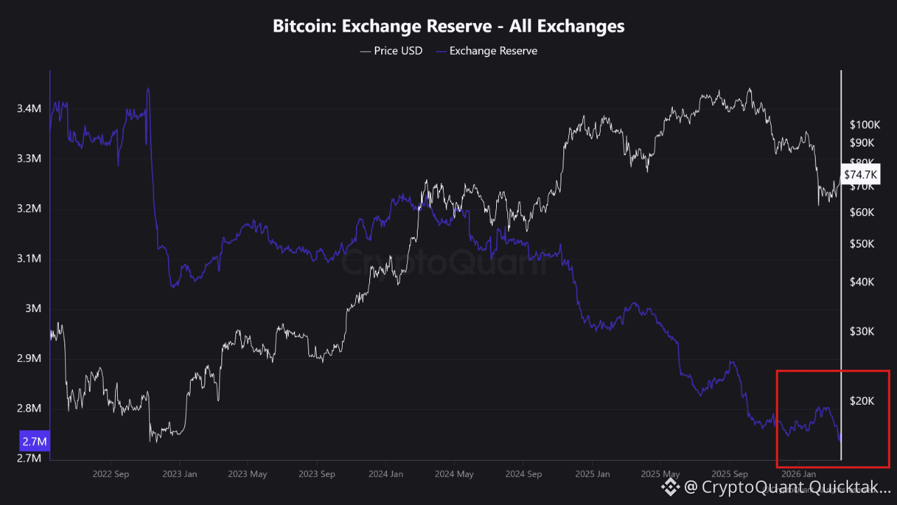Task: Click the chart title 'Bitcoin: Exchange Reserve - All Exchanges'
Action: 448,27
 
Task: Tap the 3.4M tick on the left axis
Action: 29,109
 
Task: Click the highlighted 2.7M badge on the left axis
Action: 34,442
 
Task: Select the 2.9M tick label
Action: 29,358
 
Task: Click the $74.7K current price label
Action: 861,174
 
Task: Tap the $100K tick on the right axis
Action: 864,125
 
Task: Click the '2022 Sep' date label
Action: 111,474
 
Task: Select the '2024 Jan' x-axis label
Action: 385,474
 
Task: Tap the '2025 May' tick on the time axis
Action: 659,474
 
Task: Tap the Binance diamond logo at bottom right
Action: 671,486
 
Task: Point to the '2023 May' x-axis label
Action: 247,474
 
